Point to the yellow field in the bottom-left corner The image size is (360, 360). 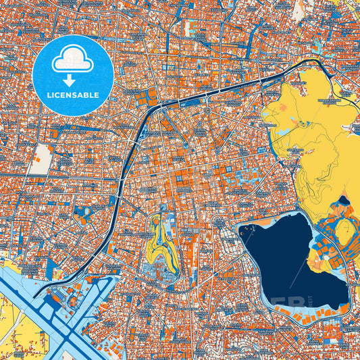[17, 338]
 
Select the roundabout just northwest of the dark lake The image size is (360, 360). [218, 223]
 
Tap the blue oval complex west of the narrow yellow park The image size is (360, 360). [82, 215]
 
